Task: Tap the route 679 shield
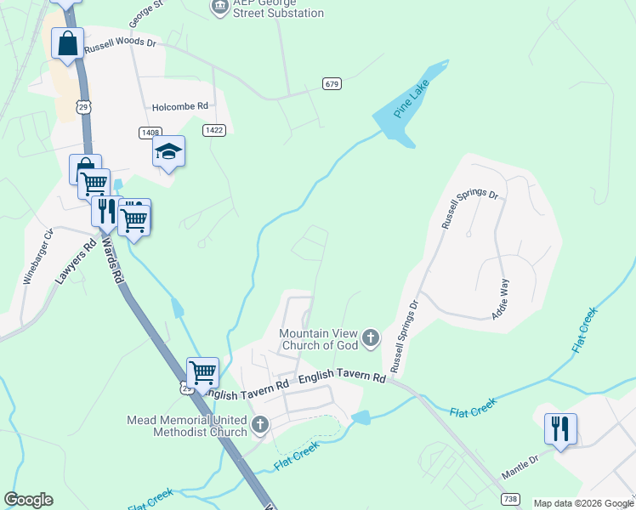pos(332,83)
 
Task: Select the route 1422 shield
pos(214,130)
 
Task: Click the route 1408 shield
pos(150,133)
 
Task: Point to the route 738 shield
pos(510,498)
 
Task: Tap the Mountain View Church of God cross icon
pos(370,338)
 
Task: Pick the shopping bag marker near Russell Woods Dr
pos(67,42)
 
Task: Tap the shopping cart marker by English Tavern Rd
pos(202,371)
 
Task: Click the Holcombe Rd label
pos(180,107)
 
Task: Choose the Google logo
pos(28,500)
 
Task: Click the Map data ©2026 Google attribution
pos(583,503)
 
